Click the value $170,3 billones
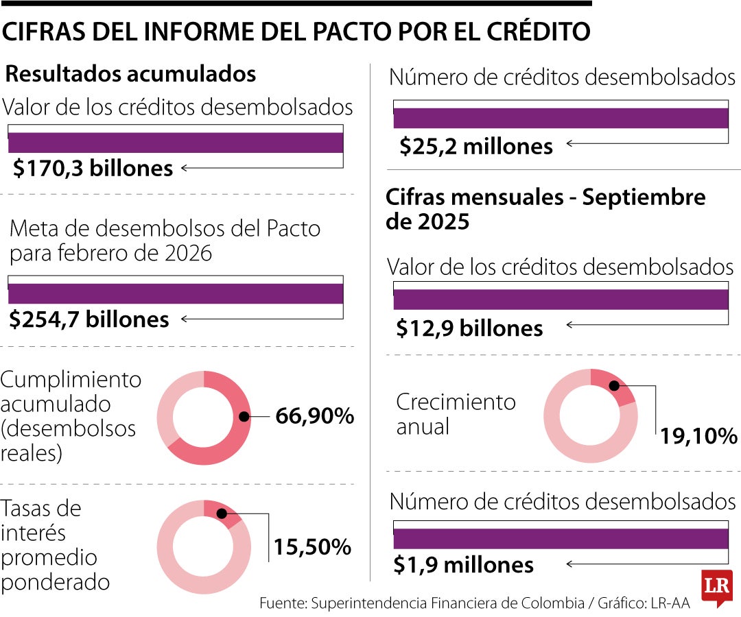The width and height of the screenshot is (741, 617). (x=93, y=168)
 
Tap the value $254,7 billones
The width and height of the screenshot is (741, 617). (x=90, y=319)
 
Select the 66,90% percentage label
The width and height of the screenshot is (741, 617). (x=314, y=416)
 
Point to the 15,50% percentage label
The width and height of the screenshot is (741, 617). (x=313, y=546)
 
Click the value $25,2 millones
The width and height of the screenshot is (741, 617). (x=476, y=146)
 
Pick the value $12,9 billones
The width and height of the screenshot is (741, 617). (x=470, y=328)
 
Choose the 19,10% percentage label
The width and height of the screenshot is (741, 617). (x=698, y=436)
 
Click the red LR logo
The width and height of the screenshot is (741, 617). (x=716, y=587)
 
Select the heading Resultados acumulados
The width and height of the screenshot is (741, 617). (x=131, y=74)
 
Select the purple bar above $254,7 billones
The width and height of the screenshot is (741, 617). (x=176, y=293)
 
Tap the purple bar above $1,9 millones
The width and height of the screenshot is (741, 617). (x=561, y=539)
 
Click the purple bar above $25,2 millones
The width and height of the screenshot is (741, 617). (x=561, y=119)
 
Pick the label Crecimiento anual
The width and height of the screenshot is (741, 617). (x=456, y=414)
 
